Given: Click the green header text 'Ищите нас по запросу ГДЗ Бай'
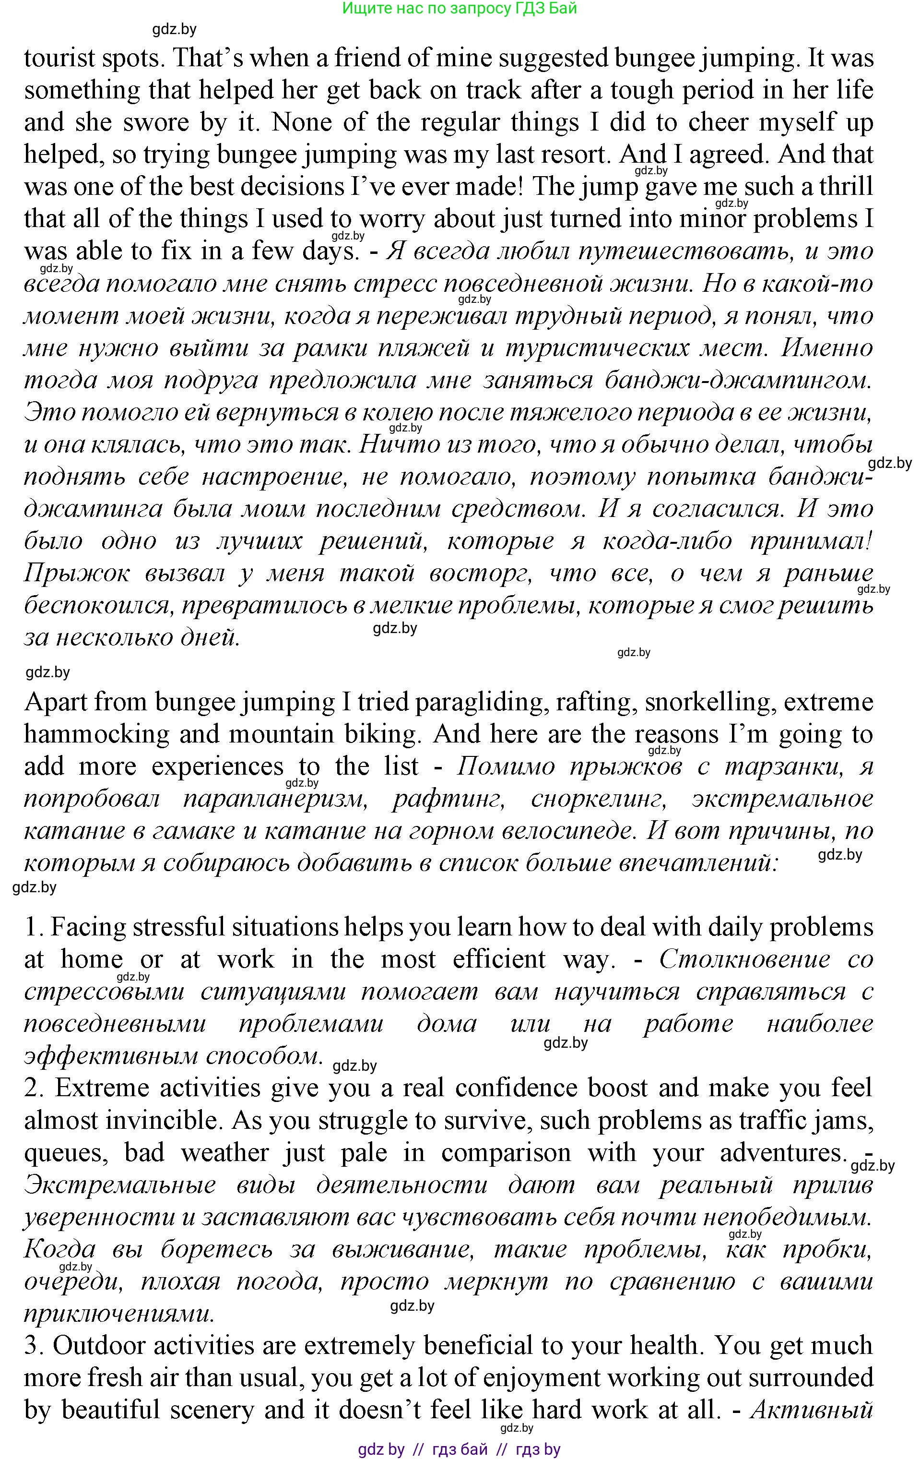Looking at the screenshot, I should coord(460,9).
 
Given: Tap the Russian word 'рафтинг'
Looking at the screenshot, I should coord(448,799).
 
